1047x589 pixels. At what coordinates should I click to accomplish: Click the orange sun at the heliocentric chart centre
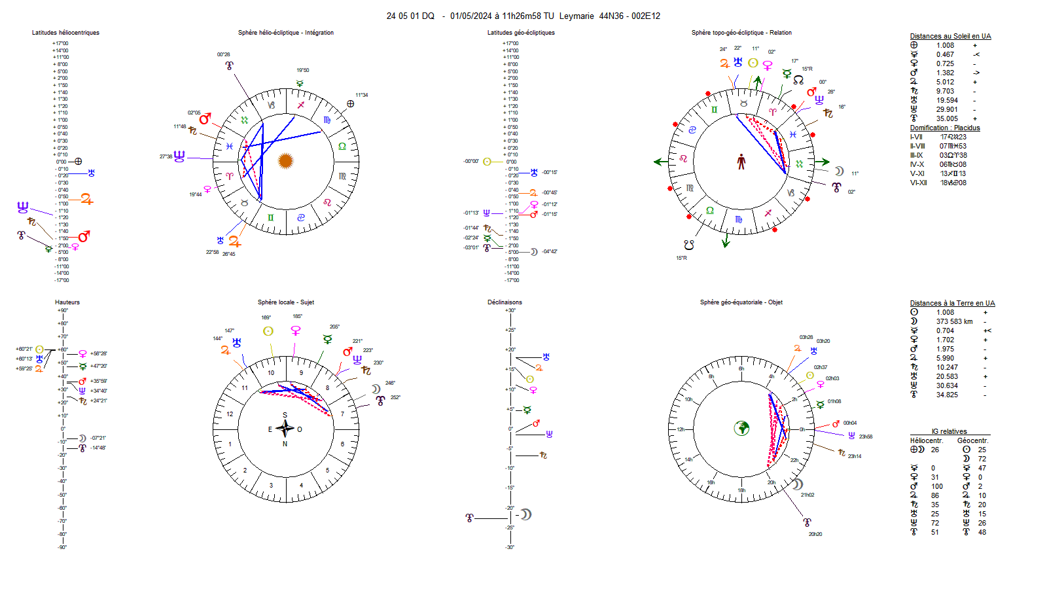(285, 160)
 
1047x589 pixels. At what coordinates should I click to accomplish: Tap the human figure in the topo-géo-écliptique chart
(741, 162)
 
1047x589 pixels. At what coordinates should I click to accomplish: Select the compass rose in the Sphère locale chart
(285, 429)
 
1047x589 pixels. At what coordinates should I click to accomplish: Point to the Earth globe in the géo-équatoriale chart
(741, 428)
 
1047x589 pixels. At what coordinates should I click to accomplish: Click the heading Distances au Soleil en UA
(950, 36)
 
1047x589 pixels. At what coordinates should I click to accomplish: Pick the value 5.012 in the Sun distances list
(945, 82)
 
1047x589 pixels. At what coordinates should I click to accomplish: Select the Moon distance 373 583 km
(954, 321)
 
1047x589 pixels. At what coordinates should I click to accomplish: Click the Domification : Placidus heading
(944, 128)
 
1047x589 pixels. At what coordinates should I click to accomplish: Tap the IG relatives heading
(949, 431)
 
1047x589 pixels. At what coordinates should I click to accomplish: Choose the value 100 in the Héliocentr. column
(937, 486)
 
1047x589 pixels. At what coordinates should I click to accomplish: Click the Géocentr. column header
(972, 440)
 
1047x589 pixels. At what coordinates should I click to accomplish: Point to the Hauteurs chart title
(67, 302)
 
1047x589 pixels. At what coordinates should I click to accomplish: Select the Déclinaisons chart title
(505, 302)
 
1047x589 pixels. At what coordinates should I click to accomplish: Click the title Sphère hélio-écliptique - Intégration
(286, 33)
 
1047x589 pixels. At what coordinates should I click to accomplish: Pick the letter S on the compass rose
(285, 415)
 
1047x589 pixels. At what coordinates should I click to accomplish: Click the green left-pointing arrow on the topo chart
(660, 162)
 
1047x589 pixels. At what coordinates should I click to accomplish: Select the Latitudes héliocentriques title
(65, 33)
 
